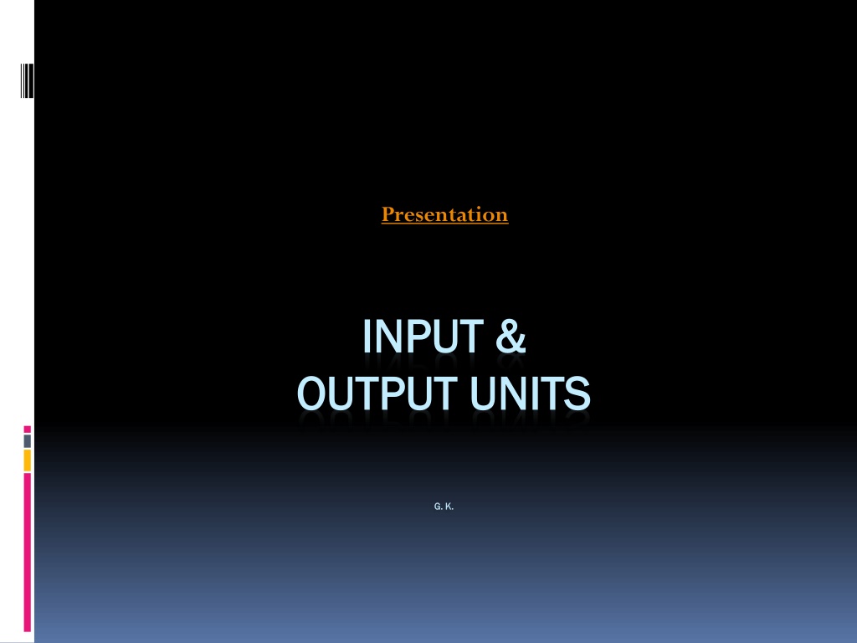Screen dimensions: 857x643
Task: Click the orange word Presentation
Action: point(445,214)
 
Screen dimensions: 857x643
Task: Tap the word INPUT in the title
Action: point(423,337)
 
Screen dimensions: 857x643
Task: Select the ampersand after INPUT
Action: point(511,337)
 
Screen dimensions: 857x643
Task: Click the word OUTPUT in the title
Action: point(377,394)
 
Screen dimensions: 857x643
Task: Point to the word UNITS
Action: point(530,394)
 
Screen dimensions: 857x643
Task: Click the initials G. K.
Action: point(444,507)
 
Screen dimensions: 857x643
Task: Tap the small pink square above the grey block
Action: point(28,430)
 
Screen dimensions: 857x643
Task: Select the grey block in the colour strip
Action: point(28,441)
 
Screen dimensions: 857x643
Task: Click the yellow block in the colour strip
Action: point(28,461)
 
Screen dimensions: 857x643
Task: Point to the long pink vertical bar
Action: point(28,553)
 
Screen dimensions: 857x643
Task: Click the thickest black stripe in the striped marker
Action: point(30,81)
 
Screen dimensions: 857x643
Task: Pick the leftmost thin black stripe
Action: point(21,81)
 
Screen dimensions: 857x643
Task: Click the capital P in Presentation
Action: point(388,213)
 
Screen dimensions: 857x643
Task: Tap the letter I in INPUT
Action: point(367,337)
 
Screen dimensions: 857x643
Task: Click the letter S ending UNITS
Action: point(577,394)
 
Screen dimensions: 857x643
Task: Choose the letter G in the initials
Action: point(437,507)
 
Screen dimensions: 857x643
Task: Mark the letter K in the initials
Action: point(449,507)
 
